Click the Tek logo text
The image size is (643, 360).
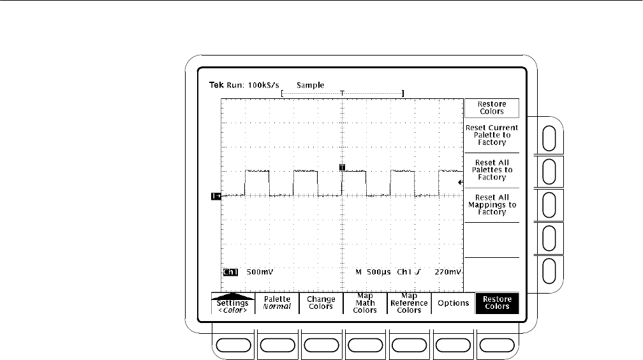tap(218, 85)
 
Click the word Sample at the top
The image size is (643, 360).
tap(310, 85)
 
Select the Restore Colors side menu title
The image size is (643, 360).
tap(491, 108)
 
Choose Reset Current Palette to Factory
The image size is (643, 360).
tap(491, 135)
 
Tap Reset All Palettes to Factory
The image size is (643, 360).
tap(491, 170)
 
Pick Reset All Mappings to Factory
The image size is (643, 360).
tap(491, 204)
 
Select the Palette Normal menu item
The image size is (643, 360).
tap(277, 303)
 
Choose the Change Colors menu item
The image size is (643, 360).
tap(321, 303)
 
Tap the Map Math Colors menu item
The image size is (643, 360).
tap(365, 303)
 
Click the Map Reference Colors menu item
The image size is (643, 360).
tap(409, 303)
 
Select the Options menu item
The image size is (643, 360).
tap(452, 303)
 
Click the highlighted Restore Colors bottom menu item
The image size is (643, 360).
tap(497, 303)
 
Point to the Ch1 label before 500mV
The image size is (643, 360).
tap(230, 271)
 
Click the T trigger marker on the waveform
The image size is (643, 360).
tap(343, 167)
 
